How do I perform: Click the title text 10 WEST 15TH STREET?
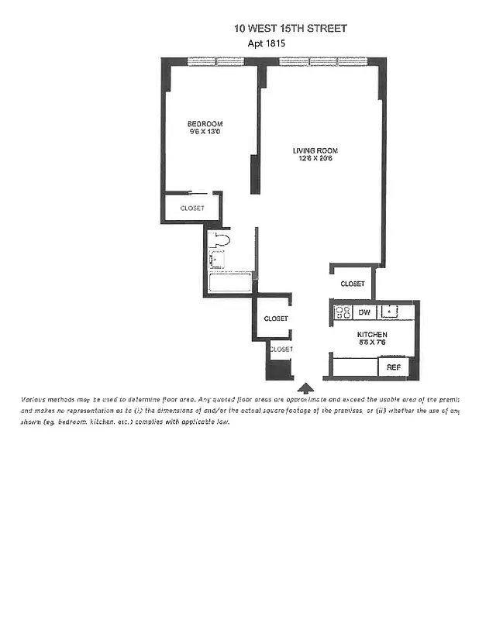point(291,28)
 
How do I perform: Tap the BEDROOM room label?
point(205,124)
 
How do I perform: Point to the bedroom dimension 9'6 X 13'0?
point(205,133)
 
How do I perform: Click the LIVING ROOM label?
point(315,150)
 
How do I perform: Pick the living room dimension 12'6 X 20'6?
point(315,159)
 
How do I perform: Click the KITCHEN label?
point(372,335)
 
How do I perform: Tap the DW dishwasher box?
point(364,312)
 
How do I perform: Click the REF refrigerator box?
point(393,367)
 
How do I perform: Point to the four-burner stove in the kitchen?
point(343,312)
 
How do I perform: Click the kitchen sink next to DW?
point(392,312)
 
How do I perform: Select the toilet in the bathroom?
point(219,241)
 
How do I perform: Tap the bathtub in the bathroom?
point(230,283)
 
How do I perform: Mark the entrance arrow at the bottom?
point(305,387)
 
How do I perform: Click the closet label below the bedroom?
point(192,208)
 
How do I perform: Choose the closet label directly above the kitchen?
point(352,284)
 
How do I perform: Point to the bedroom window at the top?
point(215,61)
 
